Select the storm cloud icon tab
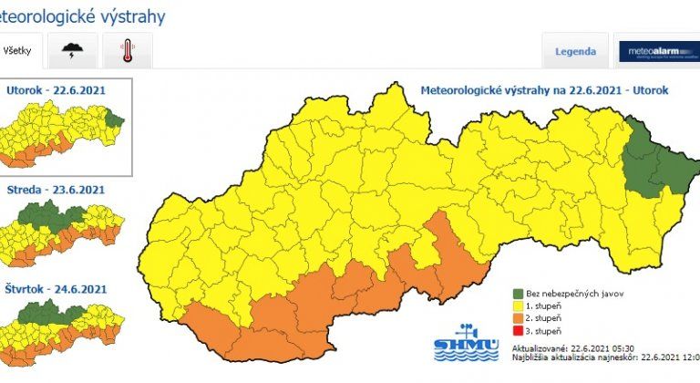coord(73,51)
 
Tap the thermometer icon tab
coord(127,51)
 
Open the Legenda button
coord(575,51)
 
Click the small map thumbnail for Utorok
coord(64,134)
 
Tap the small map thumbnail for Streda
coord(64,233)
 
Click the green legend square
coord(517,295)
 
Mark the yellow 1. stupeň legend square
coord(517,306)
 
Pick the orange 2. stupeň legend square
coord(517,318)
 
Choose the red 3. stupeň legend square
coord(517,330)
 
